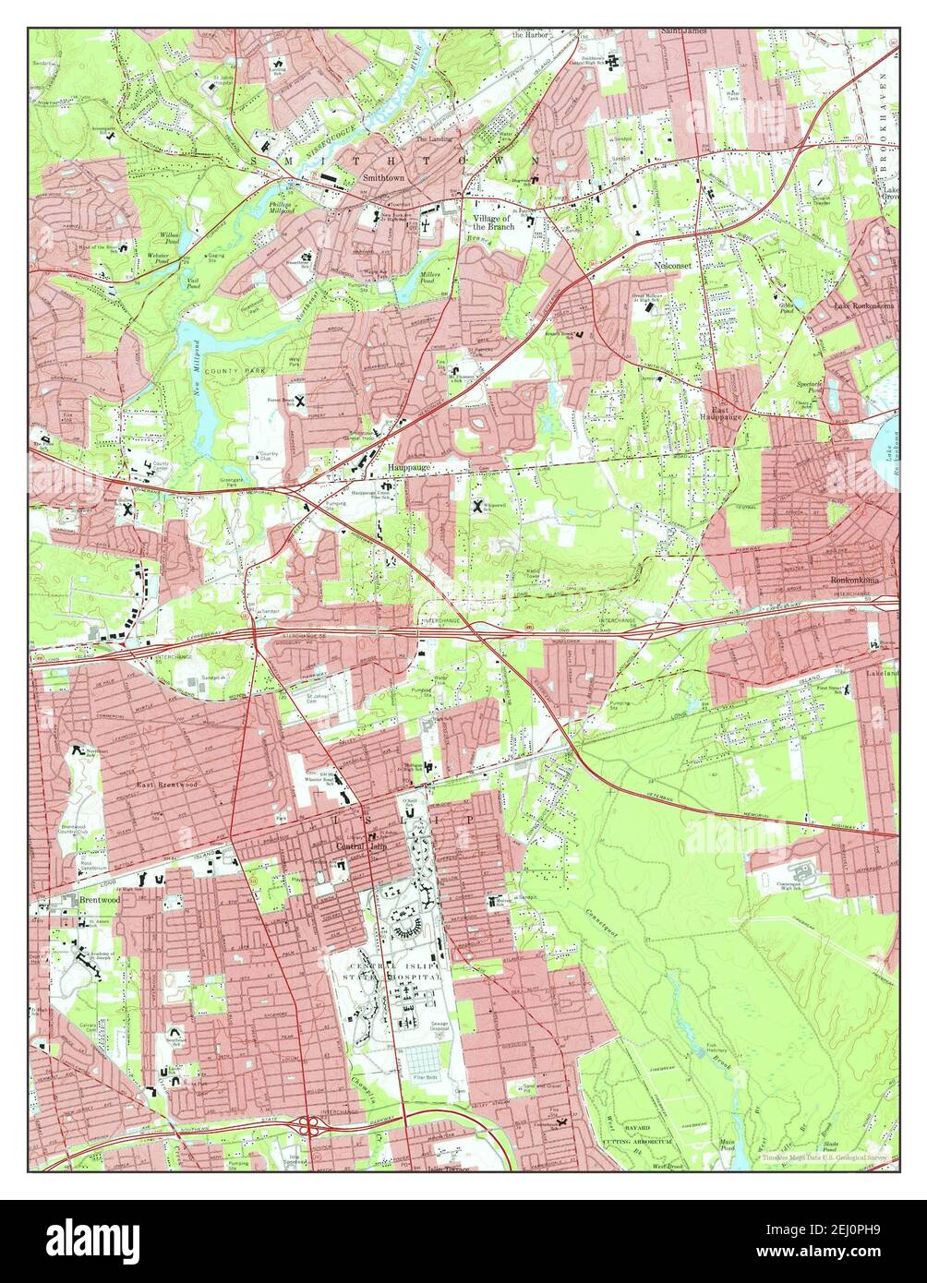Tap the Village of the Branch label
pos(492,221)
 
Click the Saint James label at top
pos(683,31)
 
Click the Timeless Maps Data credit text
pos(826,1157)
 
